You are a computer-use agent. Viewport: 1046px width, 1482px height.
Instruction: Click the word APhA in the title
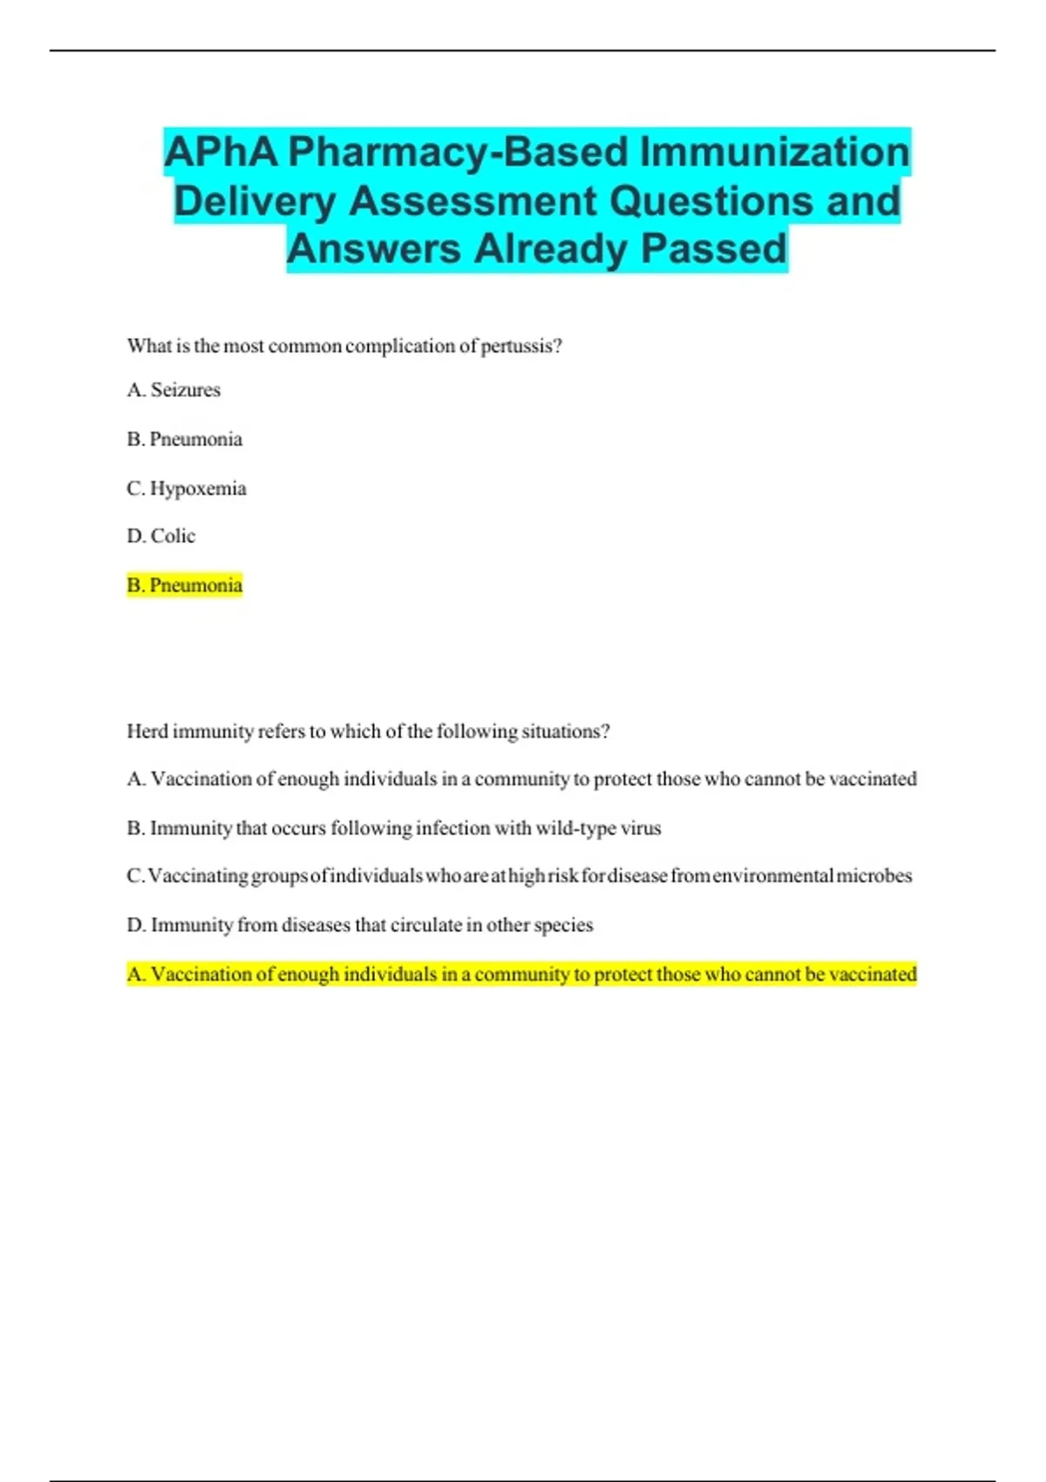tap(221, 153)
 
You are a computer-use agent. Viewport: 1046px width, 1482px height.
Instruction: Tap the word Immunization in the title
tap(775, 153)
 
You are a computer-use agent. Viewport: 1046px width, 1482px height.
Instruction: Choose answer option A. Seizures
tap(173, 390)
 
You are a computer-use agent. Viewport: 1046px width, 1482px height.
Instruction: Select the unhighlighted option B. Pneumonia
tap(184, 438)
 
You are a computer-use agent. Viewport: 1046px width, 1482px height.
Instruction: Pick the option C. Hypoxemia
tap(187, 488)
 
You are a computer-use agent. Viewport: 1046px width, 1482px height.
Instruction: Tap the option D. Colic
tap(161, 536)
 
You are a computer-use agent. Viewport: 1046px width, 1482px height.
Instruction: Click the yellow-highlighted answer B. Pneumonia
tap(184, 585)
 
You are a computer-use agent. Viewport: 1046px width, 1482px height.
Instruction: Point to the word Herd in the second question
tap(146, 731)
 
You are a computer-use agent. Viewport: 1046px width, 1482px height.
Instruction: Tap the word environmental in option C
tap(772, 875)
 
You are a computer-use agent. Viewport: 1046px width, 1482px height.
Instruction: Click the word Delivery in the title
tap(254, 201)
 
